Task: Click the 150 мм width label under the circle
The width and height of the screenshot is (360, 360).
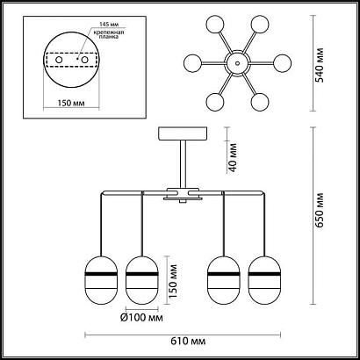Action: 71,104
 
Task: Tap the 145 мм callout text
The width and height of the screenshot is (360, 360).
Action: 109,25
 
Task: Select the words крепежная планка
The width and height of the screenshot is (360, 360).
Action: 109,34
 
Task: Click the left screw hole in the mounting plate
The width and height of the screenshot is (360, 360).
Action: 59,60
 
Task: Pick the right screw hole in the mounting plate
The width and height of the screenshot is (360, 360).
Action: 85,60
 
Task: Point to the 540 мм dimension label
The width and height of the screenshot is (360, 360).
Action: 320,64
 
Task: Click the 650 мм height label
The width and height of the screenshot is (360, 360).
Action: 320,210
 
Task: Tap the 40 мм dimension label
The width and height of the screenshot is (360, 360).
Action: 233,157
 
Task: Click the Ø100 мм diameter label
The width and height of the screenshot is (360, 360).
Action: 141,318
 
